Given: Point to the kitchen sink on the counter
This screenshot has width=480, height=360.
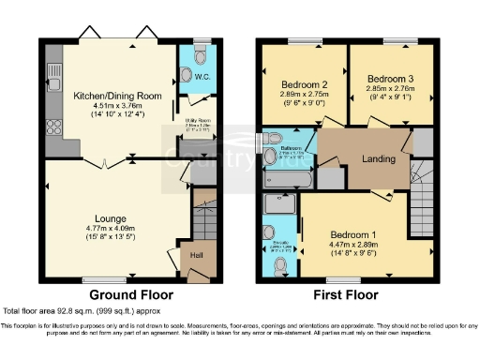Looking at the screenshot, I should click(53, 70).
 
